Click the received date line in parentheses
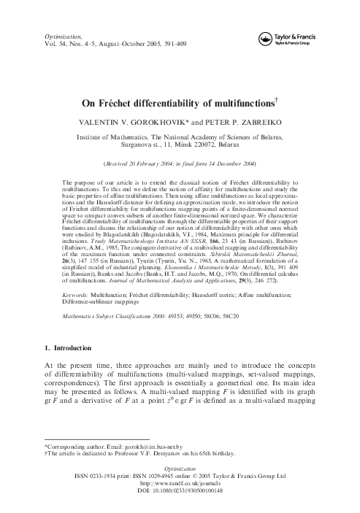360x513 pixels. [180, 164]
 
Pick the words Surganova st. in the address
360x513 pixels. [134, 146]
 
